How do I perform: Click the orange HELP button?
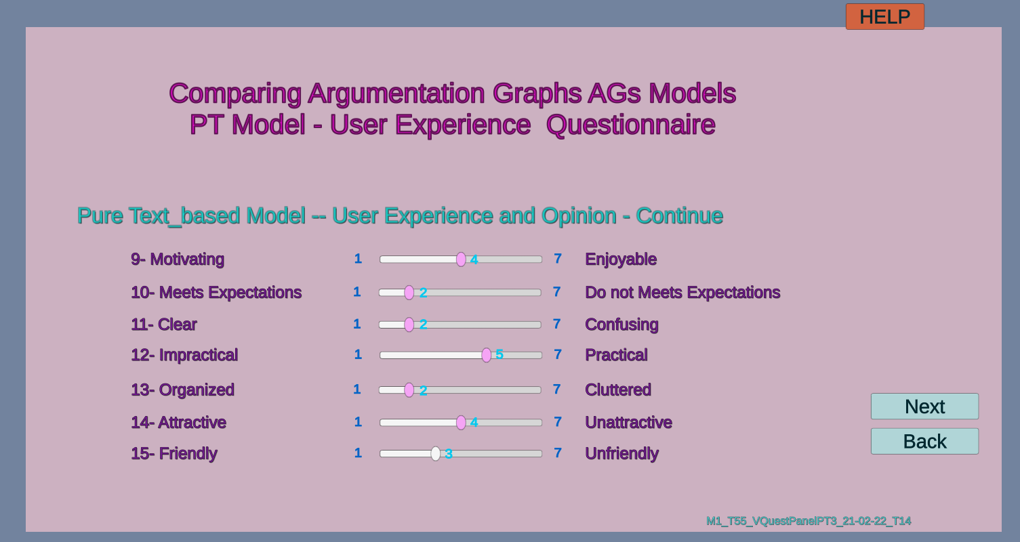point(884,17)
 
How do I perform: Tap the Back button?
point(924,442)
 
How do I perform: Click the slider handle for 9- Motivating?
point(461,259)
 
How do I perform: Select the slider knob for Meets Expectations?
point(409,293)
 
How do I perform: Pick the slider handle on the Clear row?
point(409,325)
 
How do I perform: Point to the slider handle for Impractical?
point(487,355)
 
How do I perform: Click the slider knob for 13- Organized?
point(409,390)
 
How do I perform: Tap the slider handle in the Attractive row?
point(461,423)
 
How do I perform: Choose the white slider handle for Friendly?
point(435,454)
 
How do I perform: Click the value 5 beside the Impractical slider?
point(499,354)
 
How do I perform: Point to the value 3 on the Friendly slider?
point(449,454)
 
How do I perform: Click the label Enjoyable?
point(621,259)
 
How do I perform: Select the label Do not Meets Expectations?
point(682,293)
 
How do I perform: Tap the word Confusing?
point(621,325)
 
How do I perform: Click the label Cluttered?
point(618,390)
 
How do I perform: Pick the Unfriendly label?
point(621,454)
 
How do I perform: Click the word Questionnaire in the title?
point(631,125)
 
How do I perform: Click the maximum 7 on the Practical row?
point(558,354)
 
